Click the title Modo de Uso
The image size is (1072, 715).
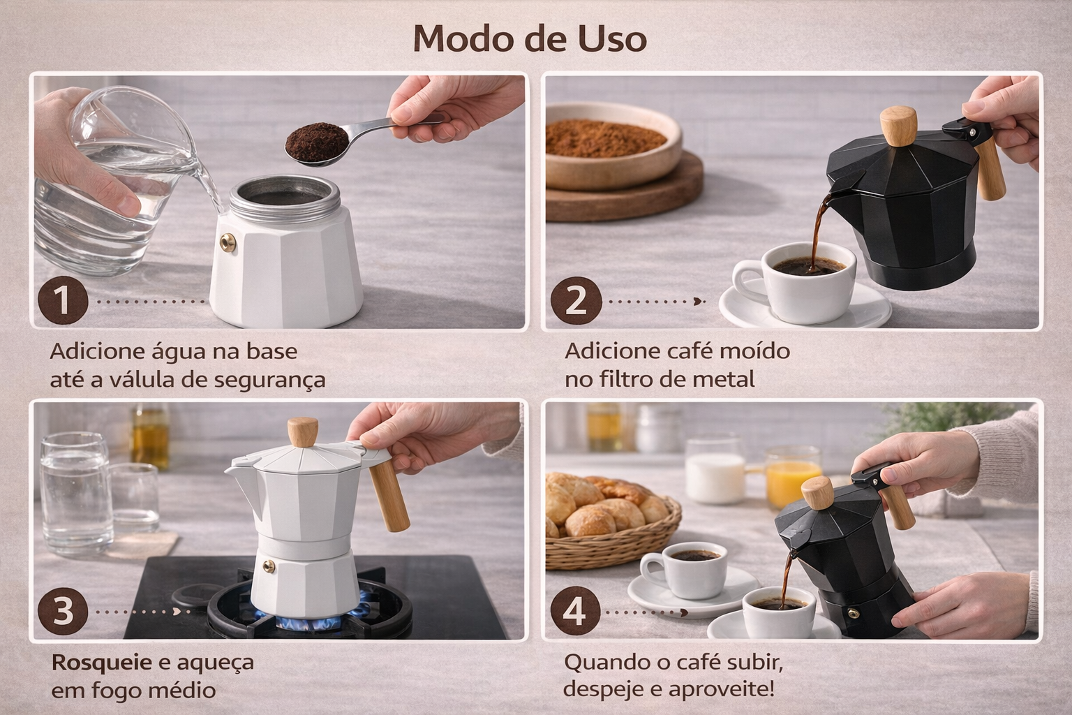[x=530, y=38]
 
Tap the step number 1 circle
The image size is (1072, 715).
[x=63, y=301]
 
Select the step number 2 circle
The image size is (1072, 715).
[x=576, y=301]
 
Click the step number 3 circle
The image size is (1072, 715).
[x=63, y=612]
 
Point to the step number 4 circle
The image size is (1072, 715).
[x=575, y=612]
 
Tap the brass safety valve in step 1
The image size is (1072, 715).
[x=228, y=242]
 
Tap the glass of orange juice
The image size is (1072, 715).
[x=793, y=478]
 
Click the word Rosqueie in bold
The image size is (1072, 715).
[x=101, y=663]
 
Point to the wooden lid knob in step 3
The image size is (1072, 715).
[x=302, y=432]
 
